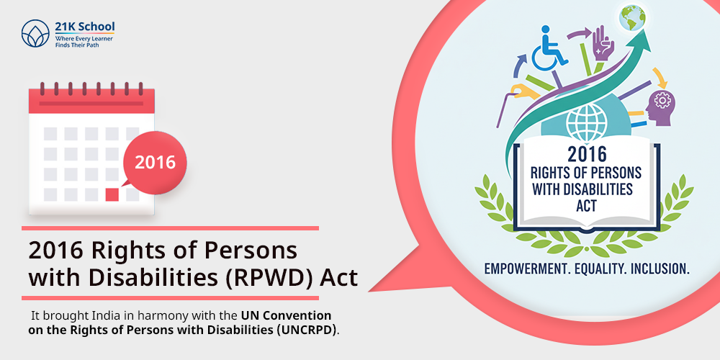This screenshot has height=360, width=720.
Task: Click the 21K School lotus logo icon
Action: (x=35, y=33)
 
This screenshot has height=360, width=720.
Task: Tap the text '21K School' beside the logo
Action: (x=84, y=26)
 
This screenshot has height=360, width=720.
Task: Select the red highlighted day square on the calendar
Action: (x=112, y=194)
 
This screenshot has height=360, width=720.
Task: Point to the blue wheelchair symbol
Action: (x=548, y=48)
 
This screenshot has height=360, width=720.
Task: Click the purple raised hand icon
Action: (x=603, y=45)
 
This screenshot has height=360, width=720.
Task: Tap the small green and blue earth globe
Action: (x=632, y=17)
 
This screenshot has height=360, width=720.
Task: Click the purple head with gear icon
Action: (x=661, y=108)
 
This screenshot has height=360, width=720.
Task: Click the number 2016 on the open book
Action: (x=587, y=154)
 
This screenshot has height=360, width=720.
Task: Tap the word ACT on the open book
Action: (x=586, y=205)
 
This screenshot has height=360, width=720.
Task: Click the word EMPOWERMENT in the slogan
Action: (x=523, y=269)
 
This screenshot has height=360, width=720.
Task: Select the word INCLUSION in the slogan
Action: (x=660, y=269)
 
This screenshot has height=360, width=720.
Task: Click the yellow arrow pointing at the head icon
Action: (x=660, y=77)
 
